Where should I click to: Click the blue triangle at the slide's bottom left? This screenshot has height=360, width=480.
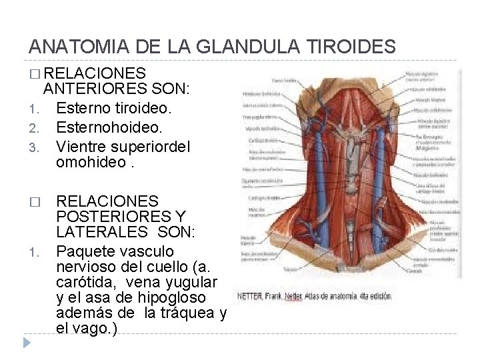(27, 343)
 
